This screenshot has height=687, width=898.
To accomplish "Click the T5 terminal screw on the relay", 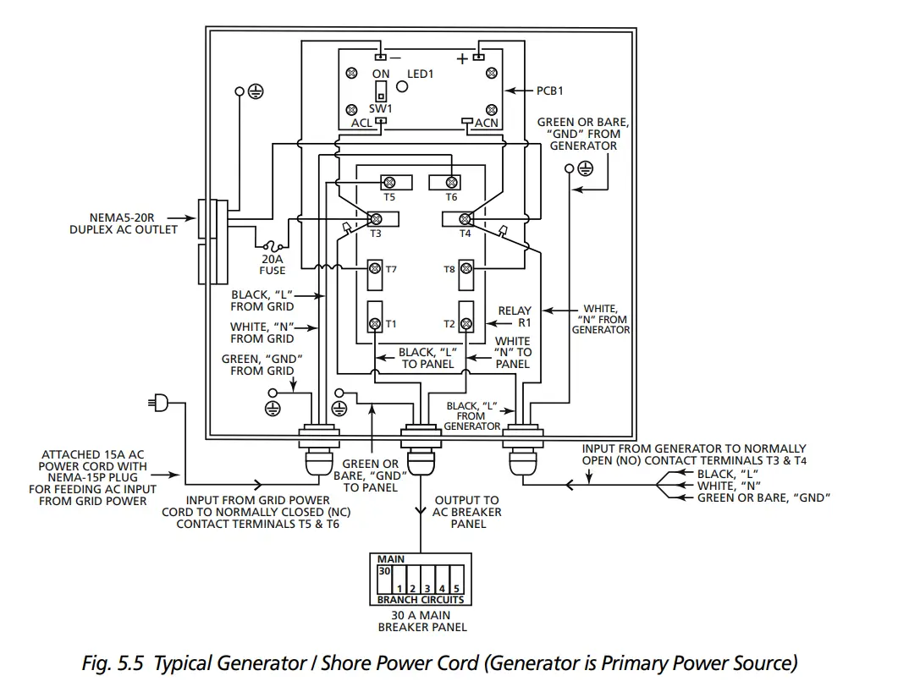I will coord(390,183).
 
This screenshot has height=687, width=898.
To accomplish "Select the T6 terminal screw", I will coord(452,183).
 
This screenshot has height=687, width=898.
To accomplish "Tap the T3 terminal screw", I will coord(375,219).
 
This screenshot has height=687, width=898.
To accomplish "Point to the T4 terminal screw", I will coord(465,219).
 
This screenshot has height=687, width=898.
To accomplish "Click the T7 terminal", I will coord(374,269).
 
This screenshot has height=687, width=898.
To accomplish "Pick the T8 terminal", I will coord(466,269).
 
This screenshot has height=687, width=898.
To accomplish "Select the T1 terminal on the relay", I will coord(375,323).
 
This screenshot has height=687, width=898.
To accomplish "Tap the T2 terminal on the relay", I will coord(466,323).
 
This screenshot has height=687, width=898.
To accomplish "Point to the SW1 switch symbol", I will coord(381,91).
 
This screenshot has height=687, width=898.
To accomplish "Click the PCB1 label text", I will coord(549,90).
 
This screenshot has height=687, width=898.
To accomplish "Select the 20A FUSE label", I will coord(273,264).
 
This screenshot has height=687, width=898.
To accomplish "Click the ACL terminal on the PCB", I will coord(381,121).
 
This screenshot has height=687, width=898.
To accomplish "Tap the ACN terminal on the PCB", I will coord(466,121).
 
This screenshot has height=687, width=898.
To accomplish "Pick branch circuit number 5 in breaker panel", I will coord(455,587).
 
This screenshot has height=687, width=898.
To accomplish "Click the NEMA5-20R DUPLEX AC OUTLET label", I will coord(124,223).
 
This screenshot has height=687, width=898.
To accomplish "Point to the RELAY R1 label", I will coord(514,316).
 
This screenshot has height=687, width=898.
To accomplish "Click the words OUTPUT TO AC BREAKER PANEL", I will coord(466,512).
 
